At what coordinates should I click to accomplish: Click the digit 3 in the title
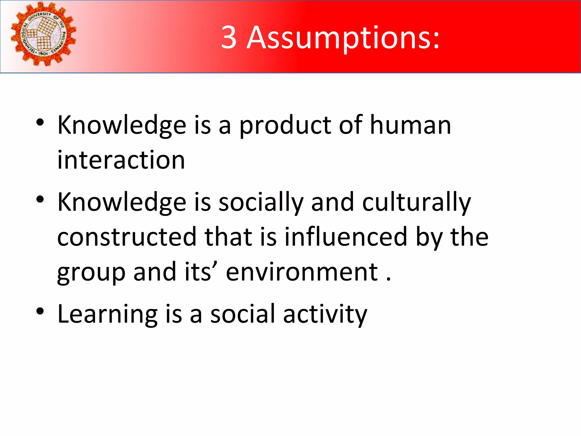point(229,37)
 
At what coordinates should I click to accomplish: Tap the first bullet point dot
point(40,122)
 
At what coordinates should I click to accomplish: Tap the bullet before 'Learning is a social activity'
point(40,311)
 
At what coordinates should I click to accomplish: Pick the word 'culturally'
point(416,203)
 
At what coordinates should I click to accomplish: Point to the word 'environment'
point(302,272)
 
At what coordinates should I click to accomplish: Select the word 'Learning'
point(108,314)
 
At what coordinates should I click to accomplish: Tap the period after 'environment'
point(388,279)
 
